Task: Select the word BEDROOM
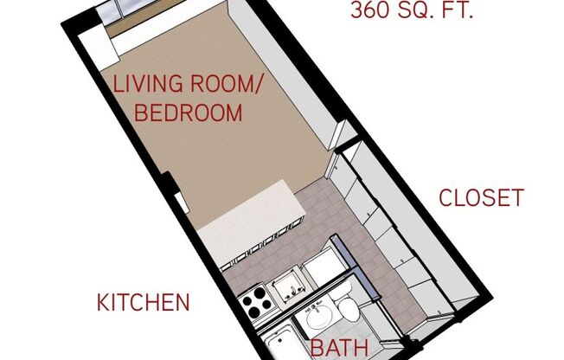pyautogui.click(x=187, y=112)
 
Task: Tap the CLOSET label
pyautogui.click(x=481, y=197)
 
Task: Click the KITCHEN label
pyautogui.click(x=143, y=303)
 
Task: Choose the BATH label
pyautogui.click(x=340, y=349)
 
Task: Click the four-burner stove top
pyautogui.click(x=257, y=302)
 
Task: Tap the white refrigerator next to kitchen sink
pyautogui.click(x=322, y=266)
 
